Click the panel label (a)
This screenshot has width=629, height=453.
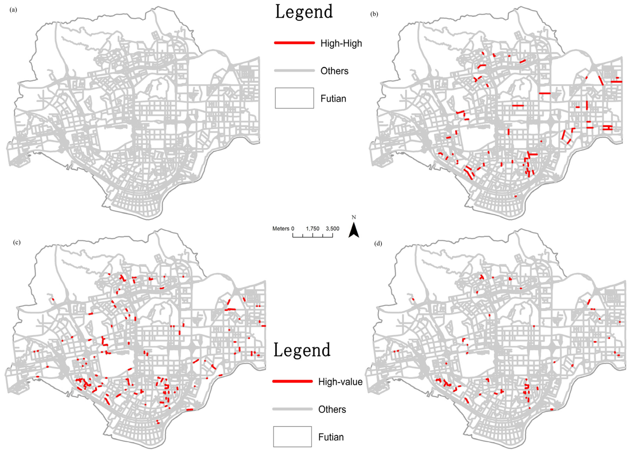pyautogui.click(x=13, y=10)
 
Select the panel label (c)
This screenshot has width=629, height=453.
pyautogui.click(x=17, y=242)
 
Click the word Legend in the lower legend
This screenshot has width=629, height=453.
pyautogui.click(x=302, y=350)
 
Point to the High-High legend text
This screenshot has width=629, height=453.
pyautogui.click(x=341, y=43)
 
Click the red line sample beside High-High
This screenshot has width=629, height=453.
pyautogui.click(x=294, y=43)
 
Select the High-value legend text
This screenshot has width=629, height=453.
pyautogui.click(x=340, y=382)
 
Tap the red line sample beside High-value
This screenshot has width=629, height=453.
pyautogui.click(x=293, y=381)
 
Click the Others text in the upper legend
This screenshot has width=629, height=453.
pyautogui.click(x=334, y=71)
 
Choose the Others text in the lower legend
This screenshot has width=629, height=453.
pyautogui.click(x=332, y=410)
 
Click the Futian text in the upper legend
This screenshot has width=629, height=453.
pyautogui.click(x=333, y=98)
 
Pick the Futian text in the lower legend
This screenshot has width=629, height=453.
pyautogui.click(x=331, y=437)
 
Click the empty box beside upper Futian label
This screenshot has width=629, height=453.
pyautogui.click(x=294, y=98)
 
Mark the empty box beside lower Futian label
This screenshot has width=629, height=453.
pyautogui.click(x=292, y=437)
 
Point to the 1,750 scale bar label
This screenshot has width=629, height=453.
pyautogui.click(x=313, y=229)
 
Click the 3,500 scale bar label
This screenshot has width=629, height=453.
pyautogui.click(x=332, y=229)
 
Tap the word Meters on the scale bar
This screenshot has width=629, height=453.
pyautogui.click(x=281, y=229)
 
